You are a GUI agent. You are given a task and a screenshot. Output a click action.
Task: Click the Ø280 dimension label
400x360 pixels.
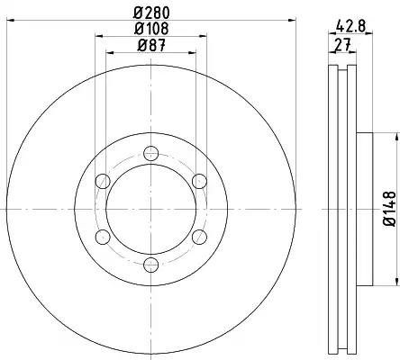(152, 13)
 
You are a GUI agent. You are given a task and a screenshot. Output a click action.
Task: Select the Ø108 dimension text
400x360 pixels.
(152, 29)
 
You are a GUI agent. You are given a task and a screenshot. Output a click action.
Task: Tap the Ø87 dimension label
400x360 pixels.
(152, 46)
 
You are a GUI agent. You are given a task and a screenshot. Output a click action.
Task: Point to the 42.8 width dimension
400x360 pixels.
(350, 25)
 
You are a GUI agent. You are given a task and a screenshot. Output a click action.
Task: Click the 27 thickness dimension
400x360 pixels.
(342, 45)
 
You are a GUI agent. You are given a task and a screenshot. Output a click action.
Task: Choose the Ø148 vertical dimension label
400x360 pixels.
(390, 209)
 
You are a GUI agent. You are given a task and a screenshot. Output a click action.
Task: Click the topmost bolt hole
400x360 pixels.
(150, 154)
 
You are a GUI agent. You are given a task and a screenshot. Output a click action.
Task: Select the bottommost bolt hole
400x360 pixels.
(150, 265)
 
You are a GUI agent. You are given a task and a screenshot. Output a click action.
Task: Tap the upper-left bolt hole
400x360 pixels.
(103, 181)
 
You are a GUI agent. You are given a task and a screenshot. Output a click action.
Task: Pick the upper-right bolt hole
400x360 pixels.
(199, 181)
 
